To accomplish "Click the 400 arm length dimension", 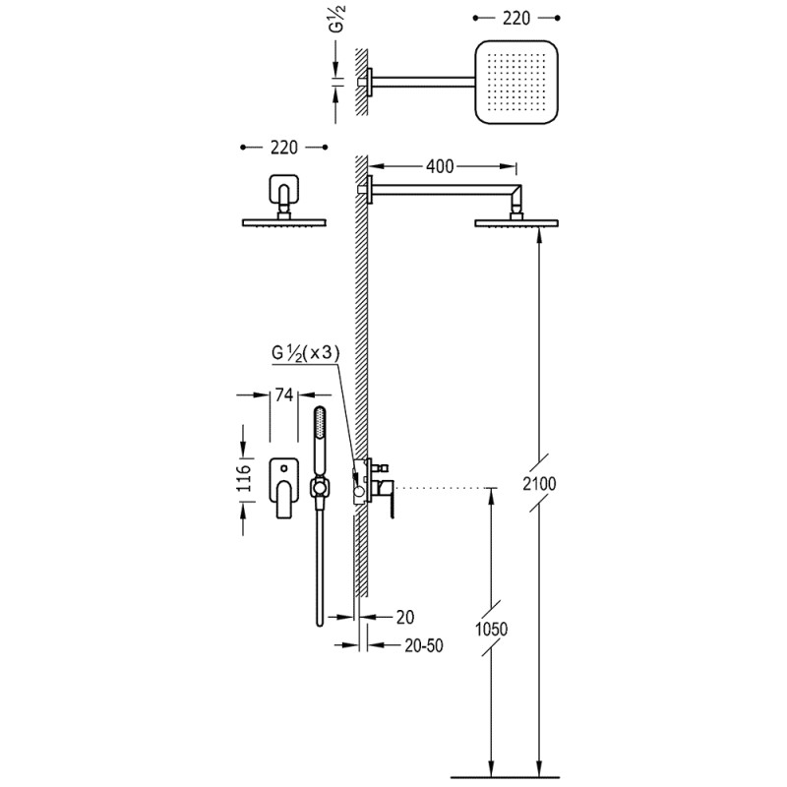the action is click(440, 166).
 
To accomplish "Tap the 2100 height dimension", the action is click(539, 483).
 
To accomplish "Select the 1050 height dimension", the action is click(491, 629).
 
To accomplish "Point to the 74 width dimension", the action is click(283, 395).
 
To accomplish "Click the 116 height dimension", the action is click(244, 478).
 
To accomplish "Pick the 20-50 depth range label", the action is click(424, 645).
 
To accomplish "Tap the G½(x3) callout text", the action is click(306, 353).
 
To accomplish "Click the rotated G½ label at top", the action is click(337, 18).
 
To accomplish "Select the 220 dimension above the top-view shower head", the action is click(515, 18).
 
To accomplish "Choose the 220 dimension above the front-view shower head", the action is click(283, 148).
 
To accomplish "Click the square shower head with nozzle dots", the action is click(515, 82).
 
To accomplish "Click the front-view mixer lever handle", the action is click(283, 499).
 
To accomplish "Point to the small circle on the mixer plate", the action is click(284, 469).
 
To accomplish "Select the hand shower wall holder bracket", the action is click(319, 487).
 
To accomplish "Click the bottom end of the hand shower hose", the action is click(320, 625).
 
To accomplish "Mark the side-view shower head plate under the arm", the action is click(516, 223).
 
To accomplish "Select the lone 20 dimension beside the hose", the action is click(405, 617).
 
